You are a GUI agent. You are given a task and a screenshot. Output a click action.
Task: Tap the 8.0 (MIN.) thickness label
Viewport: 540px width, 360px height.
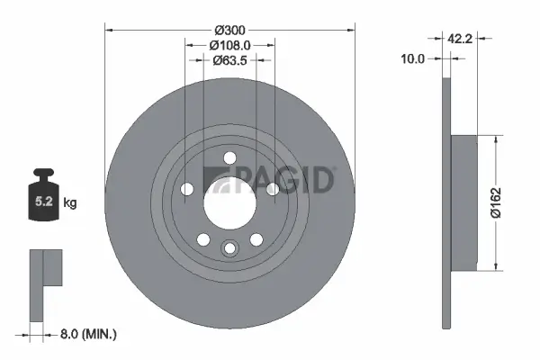[x=90, y=334]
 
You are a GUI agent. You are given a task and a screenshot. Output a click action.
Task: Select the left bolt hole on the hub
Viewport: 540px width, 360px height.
[x=186, y=190]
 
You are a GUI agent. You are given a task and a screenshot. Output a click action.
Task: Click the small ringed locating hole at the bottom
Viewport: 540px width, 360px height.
[x=229, y=247]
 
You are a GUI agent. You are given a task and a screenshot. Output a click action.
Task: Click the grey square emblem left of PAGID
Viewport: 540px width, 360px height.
[x=213, y=179]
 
